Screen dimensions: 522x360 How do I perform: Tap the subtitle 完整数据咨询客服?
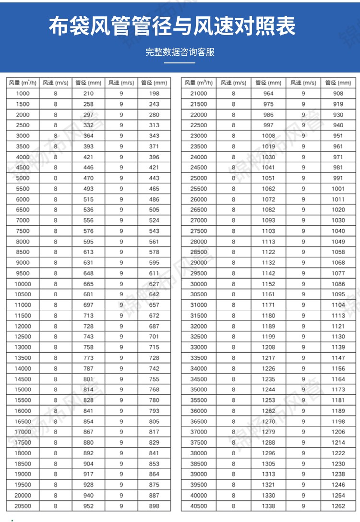click(180, 52)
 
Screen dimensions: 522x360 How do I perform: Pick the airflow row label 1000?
click(23, 94)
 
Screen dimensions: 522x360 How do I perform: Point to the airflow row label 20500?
click(23, 506)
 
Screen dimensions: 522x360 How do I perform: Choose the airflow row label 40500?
click(199, 506)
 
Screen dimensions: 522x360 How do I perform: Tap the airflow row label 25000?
click(199, 178)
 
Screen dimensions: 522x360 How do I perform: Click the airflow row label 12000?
click(23, 326)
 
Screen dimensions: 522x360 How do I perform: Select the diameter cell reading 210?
click(88, 94)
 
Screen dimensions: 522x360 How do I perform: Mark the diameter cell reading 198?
click(154, 94)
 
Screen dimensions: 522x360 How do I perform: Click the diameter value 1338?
click(269, 506)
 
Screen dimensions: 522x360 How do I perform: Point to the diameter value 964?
click(269, 94)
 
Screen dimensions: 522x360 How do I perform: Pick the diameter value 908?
click(338, 94)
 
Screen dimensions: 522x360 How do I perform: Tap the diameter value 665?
click(88, 284)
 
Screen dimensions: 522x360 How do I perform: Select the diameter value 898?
click(154, 506)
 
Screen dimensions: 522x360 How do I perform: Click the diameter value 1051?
click(269, 178)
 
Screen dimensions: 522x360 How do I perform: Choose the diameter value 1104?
click(338, 305)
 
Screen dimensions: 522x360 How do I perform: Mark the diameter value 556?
click(88, 220)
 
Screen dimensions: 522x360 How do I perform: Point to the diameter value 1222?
click(338, 453)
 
